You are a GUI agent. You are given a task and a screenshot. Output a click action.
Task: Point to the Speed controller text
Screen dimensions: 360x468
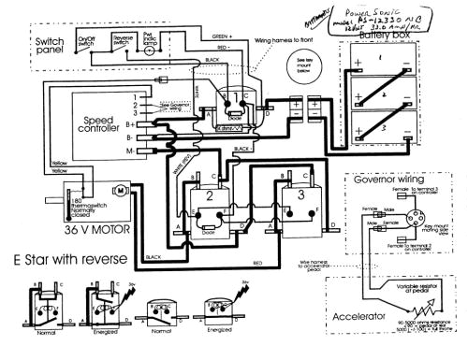click(x=100, y=124)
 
